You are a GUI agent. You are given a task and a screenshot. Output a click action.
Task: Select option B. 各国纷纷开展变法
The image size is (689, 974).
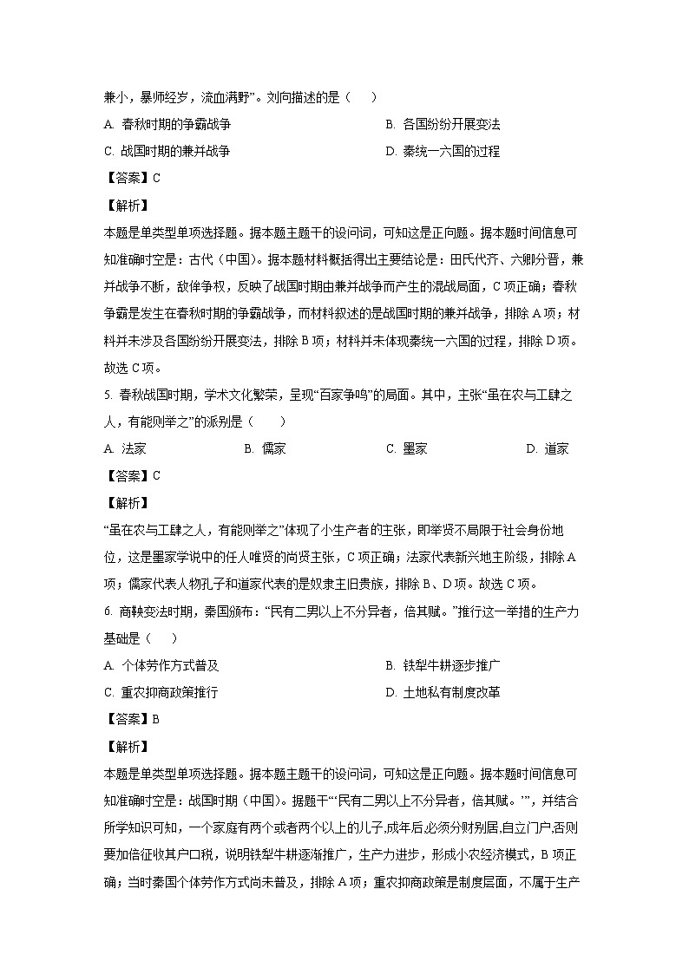(443, 124)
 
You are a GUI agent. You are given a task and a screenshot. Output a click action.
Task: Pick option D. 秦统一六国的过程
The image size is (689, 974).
(443, 151)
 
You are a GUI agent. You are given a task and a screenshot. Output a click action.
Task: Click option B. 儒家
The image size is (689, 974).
(265, 448)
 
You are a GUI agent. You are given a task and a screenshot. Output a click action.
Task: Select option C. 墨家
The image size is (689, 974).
(406, 448)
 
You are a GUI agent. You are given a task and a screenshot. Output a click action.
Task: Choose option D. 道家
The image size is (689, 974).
(548, 448)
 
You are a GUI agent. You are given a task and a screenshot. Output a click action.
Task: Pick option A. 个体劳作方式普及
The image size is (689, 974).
(161, 665)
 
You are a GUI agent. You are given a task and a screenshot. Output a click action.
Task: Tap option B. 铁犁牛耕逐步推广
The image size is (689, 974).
(443, 665)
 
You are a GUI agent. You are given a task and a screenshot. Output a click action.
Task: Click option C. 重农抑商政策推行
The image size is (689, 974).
(161, 692)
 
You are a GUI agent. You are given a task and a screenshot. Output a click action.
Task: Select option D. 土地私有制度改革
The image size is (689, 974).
(443, 692)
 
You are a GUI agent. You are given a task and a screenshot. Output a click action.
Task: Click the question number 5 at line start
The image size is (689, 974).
(106, 395)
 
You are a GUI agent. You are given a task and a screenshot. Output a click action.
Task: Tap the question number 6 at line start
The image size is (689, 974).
(106, 611)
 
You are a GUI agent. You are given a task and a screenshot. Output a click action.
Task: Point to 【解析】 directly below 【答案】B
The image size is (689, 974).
(127, 746)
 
